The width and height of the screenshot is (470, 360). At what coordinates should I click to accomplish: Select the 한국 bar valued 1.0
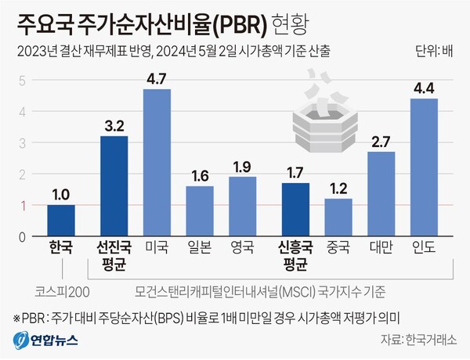point(60,221)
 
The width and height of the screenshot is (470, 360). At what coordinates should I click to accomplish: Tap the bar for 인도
point(423,167)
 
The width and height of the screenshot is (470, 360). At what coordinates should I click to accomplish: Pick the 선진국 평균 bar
point(114,186)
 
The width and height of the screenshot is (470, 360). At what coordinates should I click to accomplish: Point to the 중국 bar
point(338,218)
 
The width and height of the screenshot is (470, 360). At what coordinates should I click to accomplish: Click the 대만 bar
point(381,194)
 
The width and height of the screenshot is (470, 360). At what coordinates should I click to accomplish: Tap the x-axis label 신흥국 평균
point(295,256)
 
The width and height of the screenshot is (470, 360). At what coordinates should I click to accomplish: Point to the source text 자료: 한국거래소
point(419,340)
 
